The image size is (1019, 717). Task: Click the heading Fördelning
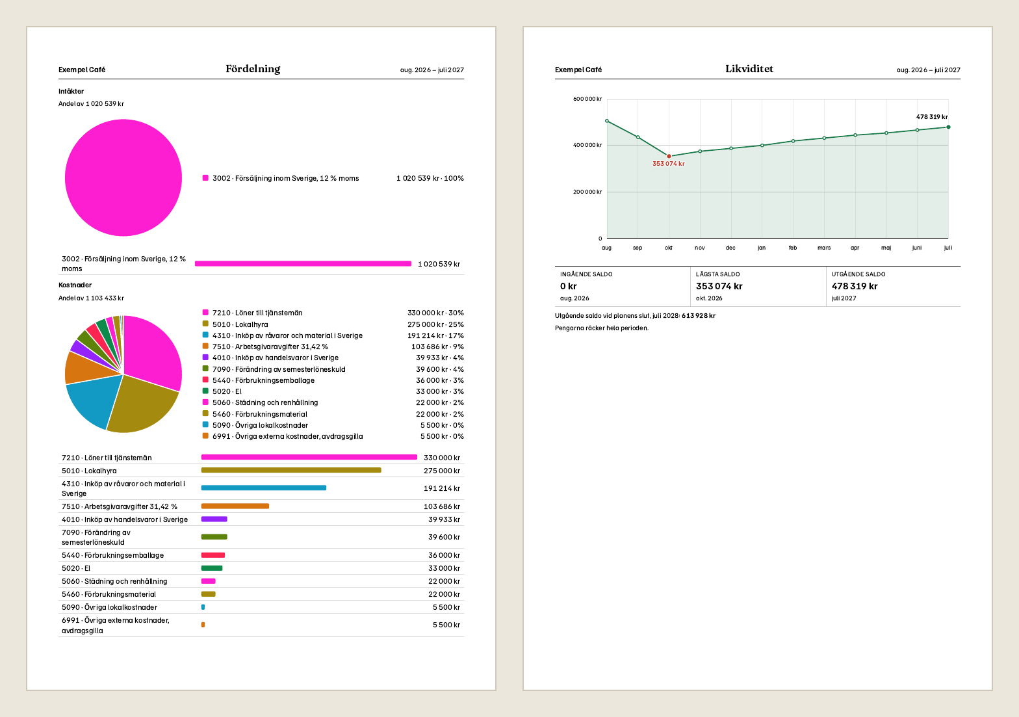pyautogui.click(x=253, y=69)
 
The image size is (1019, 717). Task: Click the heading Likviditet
pyautogui.click(x=749, y=69)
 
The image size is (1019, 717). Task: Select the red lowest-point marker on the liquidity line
pyautogui.click(x=669, y=156)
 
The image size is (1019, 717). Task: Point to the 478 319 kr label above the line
pyautogui.click(x=932, y=117)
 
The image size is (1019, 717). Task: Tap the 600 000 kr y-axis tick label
pyautogui.click(x=587, y=99)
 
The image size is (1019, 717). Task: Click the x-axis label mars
pyautogui.click(x=824, y=248)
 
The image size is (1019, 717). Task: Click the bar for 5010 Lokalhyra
pyautogui.click(x=291, y=471)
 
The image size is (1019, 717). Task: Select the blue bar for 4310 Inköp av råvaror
pyautogui.click(x=264, y=488)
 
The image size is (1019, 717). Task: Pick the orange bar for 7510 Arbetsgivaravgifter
pyautogui.click(x=235, y=506)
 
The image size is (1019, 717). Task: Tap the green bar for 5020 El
pyautogui.click(x=212, y=567)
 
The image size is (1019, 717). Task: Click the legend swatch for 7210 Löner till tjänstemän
pyautogui.click(x=205, y=313)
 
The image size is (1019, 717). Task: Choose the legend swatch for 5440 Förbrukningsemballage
pyautogui.click(x=205, y=380)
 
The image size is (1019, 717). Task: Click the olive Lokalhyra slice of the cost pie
pyautogui.click(x=141, y=407)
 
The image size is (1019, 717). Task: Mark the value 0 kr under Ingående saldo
pyautogui.click(x=568, y=286)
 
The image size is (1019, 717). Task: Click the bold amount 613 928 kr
pyautogui.click(x=698, y=316)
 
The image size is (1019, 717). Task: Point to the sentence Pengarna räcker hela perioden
pyautogui.click(x=601, y=328)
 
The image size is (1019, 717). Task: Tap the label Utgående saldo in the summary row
pyautogui.click(x=858, y=274)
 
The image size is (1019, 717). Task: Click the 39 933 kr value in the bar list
pyautogui.click(x=444, y=519)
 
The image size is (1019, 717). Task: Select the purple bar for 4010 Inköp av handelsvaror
pyautogui.click(x=214, y=519)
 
